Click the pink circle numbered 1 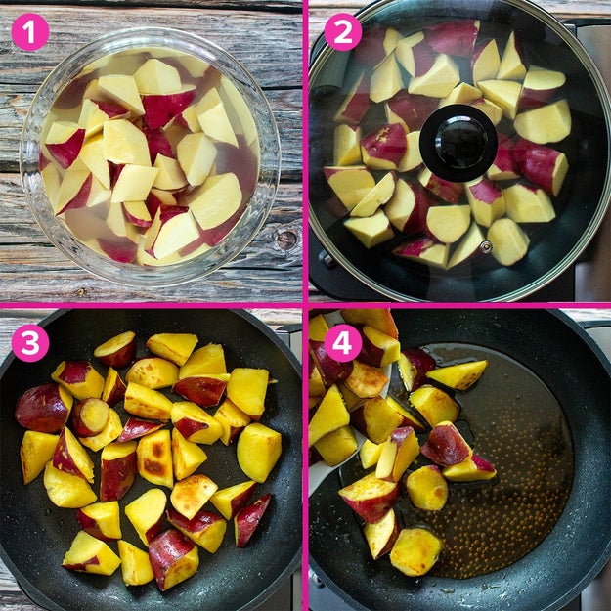click(x=30, y=32)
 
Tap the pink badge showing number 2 click(x=343, y=32)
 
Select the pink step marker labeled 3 click(x=30, y=343)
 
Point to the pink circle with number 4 click(x=343, y=343)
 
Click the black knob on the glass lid click(x=458, y=143)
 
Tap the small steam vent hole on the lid click(x=486, y=247)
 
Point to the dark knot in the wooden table click(x=286, y=239)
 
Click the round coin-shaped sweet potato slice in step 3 click(x=90, y=416)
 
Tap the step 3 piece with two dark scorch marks click(x=155, y=458)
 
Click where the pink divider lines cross click(x=305, y=305)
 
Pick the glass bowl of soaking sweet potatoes click(x=150, y=155)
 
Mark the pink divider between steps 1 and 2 click(x=305, y=151)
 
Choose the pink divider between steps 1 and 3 click(x=151, y=305)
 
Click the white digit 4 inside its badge click(x=343, y=344)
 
